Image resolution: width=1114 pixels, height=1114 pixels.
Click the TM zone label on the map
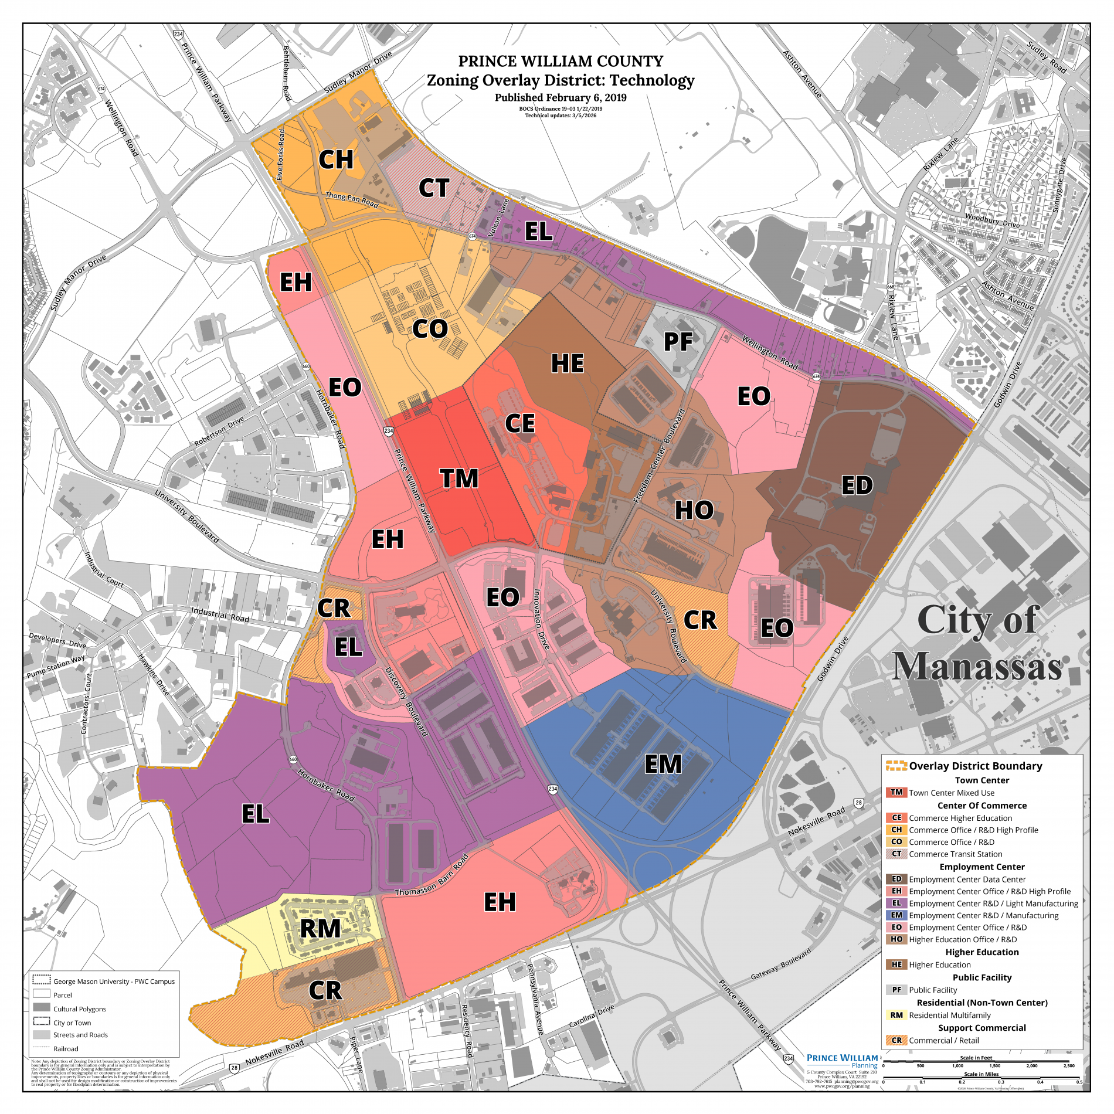coord(459,479)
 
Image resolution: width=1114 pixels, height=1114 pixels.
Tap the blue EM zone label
coord(663,765)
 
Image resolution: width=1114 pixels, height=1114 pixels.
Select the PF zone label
coord(678,342)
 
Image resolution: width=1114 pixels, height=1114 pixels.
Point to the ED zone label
coord(857,485)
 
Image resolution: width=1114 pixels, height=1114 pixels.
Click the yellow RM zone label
coord(320,929)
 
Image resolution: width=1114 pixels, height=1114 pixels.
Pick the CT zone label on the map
coord(433,188)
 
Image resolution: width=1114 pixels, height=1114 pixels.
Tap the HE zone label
coord(567,364)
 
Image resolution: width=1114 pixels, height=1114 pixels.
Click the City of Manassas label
coord(977,643)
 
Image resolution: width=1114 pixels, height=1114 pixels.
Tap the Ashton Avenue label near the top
coord(802,74)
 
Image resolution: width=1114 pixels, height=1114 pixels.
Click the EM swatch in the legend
coord(896,915)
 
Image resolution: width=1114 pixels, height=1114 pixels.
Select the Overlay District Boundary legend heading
coord(975,766)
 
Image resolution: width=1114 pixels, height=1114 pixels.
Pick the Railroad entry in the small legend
coord(65,1049)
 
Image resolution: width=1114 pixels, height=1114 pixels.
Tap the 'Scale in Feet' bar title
coord(976,1058)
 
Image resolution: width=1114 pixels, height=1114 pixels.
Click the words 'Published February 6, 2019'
coord(560,98)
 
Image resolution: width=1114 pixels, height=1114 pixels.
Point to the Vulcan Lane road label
coord(498,218)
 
